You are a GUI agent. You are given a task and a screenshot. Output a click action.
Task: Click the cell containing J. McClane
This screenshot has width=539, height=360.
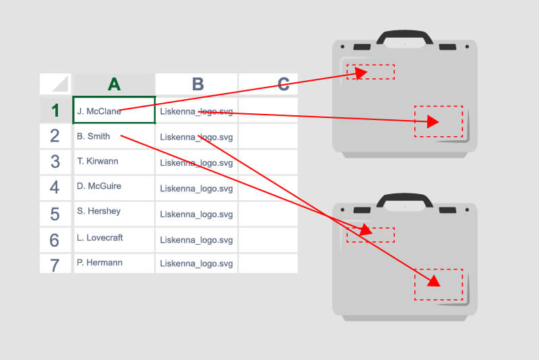[114, 111]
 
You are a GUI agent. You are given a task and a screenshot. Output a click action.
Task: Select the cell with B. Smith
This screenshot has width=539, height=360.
[114, 136]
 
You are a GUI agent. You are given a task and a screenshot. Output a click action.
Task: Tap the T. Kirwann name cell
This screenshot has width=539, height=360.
[114, 162]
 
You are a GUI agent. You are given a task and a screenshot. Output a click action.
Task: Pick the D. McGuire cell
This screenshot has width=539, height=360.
[114, 187]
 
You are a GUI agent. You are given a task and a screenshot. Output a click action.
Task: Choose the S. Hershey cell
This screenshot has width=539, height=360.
[114, 212]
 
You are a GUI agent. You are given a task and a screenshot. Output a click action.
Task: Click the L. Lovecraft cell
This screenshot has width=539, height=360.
[114, 239]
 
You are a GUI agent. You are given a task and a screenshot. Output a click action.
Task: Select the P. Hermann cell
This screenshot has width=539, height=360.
[114, 263]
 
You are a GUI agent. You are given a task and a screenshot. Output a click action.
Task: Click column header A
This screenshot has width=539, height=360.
[114, 84]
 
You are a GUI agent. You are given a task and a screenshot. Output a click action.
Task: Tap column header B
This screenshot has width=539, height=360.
[197, 84]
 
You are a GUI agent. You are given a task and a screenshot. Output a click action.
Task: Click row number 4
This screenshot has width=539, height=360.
[55, 187]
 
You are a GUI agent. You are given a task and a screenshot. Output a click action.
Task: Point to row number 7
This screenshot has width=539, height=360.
[55, 264]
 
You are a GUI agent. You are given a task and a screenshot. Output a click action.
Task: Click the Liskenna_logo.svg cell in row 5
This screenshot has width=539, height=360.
[196, 214]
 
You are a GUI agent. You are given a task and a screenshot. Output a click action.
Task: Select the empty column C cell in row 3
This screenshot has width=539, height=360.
[268, 162]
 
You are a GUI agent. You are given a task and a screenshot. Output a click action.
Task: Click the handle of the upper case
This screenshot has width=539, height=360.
[404, 34]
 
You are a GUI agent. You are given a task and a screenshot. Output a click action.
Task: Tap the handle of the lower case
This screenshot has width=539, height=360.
[404, 198]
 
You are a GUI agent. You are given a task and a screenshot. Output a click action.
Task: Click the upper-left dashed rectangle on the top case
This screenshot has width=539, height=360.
[371, 71]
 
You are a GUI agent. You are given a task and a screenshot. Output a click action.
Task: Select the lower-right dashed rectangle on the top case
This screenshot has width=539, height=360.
[439, 121]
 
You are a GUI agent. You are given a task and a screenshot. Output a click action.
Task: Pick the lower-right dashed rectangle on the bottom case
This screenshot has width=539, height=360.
[439, 284]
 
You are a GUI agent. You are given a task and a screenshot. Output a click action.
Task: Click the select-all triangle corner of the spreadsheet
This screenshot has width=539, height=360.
[55, 84]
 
